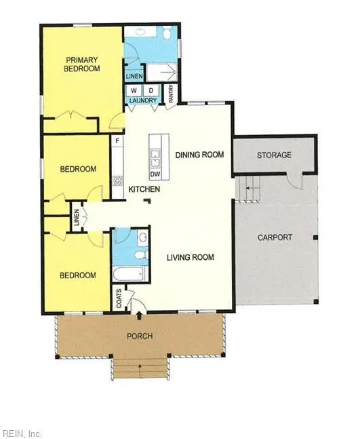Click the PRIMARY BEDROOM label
[81, 64]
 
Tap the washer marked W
[134, 91]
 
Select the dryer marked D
[151, 91]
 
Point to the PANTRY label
[171, 94]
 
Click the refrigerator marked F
[117, 140]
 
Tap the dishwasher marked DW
[155, 174]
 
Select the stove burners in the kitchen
[118, 180]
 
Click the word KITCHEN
[144, 189]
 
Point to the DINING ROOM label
[199, 155]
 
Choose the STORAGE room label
[274, 155]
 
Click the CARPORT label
[275, 237]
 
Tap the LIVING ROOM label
[191, 257]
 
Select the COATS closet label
[119, 299]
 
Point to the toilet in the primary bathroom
[167, 33]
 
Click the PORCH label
[140, 336]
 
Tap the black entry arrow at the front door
[139, 316]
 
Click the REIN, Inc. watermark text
[21, 434]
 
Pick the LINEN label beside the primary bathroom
[134, 76]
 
